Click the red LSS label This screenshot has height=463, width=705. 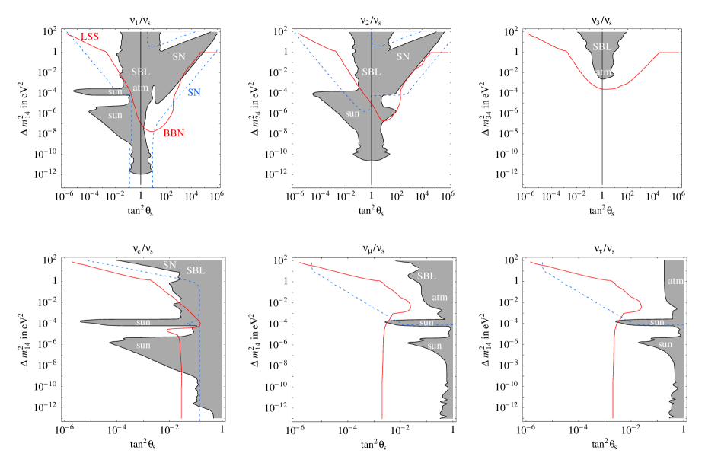[x=89, y=37]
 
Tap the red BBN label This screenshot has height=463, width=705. [x=174, y=133]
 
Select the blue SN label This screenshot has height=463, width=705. [x=194, y=92]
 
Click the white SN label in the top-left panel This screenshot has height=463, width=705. [x=178, y=56]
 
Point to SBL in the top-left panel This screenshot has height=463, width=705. [x=141, y=72]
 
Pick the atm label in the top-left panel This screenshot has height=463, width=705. [x=141, y=88]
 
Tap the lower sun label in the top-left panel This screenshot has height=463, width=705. [x=115, y=115]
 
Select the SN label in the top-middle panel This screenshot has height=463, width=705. [x=403, y=56]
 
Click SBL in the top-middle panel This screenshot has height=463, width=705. [x=371, y=72]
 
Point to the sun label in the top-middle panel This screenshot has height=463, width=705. [x=352, y=113]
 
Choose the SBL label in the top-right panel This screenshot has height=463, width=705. [x=601, y=46]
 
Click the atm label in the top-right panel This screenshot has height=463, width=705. [x=602, y=73]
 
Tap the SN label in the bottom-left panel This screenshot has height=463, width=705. [x=170, y=265]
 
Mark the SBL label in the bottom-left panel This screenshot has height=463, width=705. [x=196, y=270]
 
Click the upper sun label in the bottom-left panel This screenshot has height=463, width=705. [x=143, y=322]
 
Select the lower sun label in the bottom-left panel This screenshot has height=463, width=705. [x=143, y=346]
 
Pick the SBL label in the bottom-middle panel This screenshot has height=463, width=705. [x=426, y=276]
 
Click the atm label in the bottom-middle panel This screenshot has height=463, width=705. [x=441, y=297]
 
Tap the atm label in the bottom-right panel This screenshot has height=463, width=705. [x=675, y=281]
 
